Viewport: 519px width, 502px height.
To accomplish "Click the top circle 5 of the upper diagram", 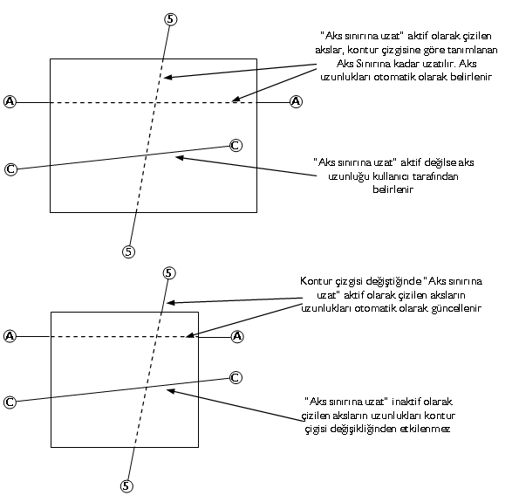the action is (170, 19).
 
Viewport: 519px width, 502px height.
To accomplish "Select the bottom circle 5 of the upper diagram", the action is (128, 251).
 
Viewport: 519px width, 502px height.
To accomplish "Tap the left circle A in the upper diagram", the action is (10, 101).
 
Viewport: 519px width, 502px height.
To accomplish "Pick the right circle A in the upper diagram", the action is (296, 101).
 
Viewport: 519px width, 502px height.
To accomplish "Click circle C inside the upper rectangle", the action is (236, 146).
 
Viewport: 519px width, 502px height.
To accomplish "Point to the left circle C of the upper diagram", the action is (10, 169).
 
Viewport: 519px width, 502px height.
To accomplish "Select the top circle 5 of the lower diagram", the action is (169, 273).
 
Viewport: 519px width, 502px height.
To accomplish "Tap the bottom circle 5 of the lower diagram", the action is (126, 486).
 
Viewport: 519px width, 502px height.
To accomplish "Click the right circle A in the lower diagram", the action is (237, 337).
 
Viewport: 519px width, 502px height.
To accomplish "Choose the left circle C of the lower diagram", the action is (10, 402).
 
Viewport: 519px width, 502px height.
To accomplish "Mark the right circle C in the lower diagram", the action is (236, 378).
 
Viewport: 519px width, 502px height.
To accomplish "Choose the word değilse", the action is (439, 162).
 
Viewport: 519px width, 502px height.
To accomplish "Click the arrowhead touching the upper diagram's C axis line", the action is (180, 158).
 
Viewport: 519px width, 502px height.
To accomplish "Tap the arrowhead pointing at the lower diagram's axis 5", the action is (171, 303).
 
